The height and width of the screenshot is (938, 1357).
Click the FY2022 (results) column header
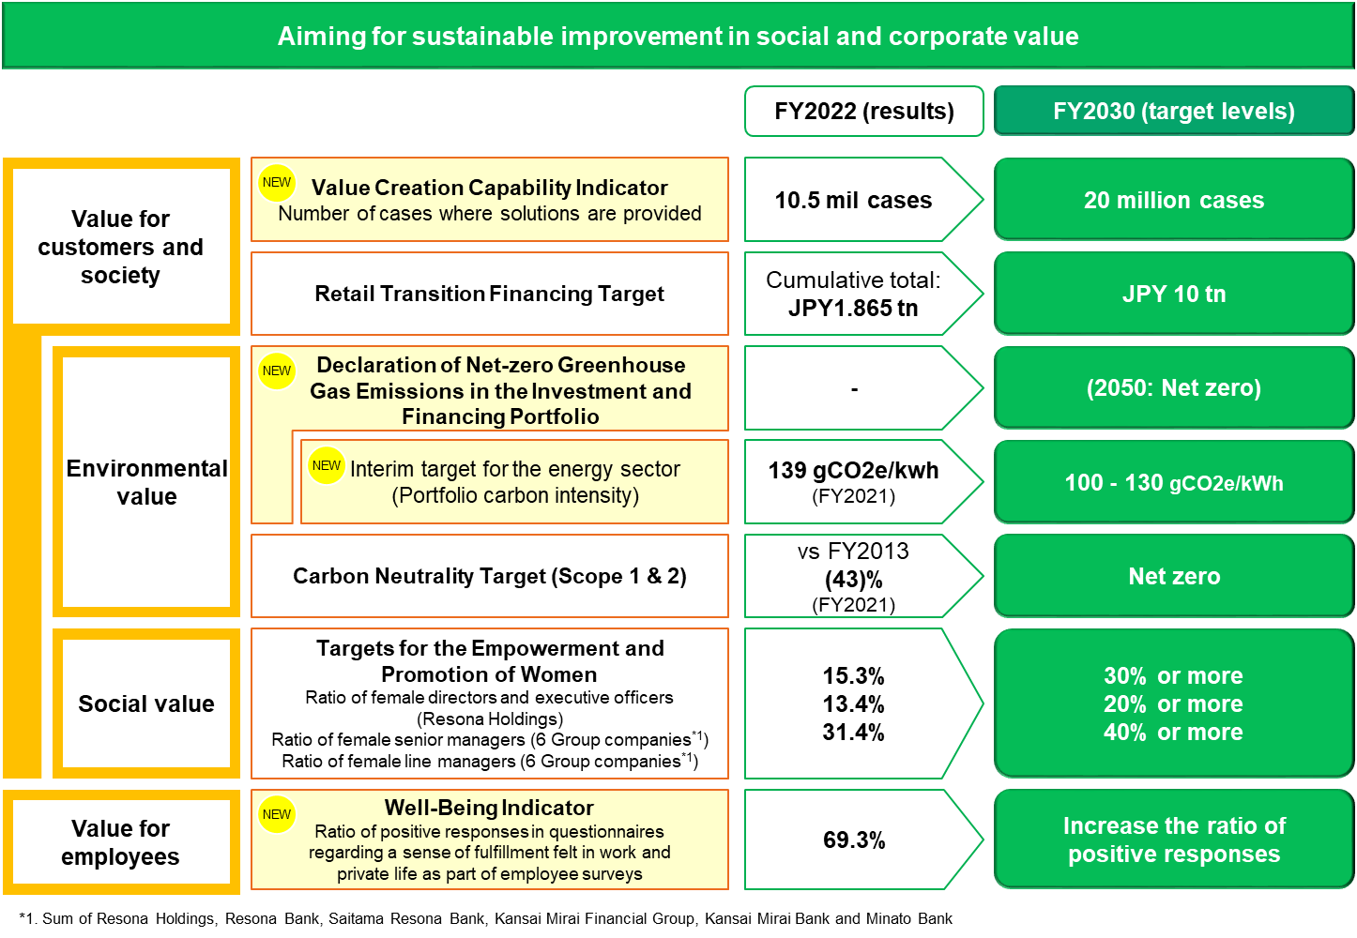863,112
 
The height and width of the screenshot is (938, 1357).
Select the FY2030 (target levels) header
1173,112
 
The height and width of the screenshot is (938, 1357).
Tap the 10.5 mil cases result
853,200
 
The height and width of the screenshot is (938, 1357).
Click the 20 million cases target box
1173,200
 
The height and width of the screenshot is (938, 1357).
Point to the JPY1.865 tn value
853,309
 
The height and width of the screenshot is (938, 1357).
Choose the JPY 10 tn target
1173,294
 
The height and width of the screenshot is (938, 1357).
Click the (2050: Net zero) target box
1173,388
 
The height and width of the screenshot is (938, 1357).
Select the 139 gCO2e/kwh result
853,471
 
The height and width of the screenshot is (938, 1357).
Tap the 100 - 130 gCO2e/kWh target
1173,483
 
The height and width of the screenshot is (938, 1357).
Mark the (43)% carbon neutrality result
853,580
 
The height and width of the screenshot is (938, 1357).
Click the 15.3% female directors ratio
853,676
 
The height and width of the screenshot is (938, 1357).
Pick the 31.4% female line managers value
853,733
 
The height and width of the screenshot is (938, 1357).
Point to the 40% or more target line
1173,733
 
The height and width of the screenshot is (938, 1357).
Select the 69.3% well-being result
853,840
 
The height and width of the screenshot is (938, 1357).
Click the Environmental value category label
146,482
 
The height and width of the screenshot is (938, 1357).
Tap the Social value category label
146,703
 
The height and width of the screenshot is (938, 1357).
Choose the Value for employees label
121,842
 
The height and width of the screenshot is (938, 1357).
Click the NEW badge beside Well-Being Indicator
277,814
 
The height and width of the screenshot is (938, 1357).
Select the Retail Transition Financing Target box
489,294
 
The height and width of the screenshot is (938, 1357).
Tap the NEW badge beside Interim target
327,465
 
